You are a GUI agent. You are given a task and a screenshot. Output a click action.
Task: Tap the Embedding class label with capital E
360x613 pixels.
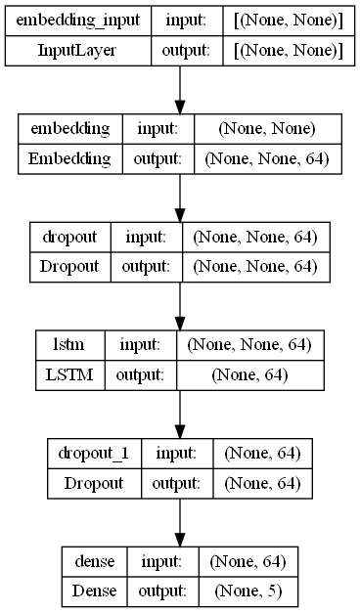click(x=69, y=158)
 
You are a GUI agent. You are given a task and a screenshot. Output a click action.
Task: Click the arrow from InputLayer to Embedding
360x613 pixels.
click(x=180, y=90)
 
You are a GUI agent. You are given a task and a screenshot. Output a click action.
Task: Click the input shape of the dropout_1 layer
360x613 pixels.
click(x=255, y=453)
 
